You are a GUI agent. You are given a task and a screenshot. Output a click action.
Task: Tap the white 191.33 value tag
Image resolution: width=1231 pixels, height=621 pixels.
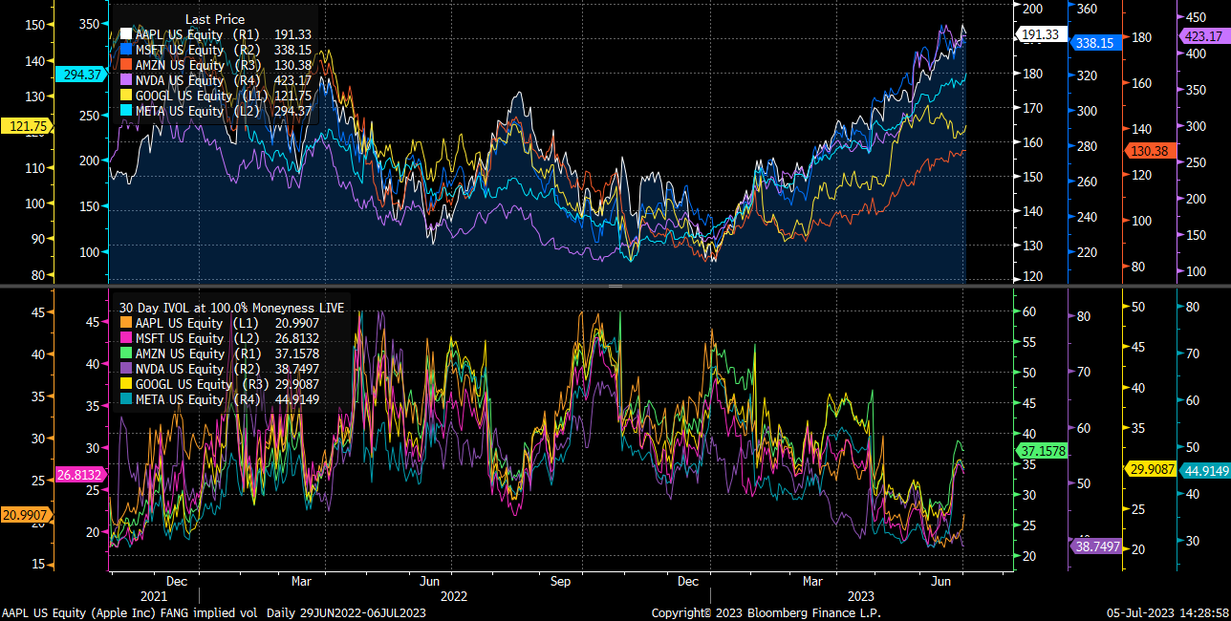coord(1040,34)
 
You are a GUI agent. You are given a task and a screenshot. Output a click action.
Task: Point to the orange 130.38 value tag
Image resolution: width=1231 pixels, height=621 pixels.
coord(1149,151)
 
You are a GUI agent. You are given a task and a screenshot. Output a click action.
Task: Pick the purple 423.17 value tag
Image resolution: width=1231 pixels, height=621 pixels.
coord(1202,36)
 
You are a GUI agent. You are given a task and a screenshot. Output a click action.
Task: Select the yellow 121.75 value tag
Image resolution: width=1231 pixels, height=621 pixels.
coord(30,126)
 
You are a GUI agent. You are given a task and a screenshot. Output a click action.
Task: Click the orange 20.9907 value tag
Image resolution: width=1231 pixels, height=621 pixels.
coord(27,515)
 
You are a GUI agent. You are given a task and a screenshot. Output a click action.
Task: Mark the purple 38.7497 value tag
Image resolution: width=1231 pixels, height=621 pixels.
coord(1096,546)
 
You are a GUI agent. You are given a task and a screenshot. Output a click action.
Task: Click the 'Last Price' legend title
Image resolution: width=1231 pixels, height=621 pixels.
coord(214,19)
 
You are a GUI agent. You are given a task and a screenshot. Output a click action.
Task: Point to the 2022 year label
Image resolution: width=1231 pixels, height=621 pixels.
coord(453,595)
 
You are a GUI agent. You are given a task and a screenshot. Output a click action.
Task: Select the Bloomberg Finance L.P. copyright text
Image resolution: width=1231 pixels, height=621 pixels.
coord(766,612)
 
